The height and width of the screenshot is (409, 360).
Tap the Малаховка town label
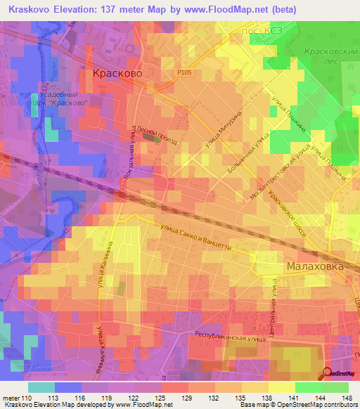pyautogui.click(x=314, y=267)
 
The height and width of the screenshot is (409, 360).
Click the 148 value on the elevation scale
pyautogui.click(x=345, y=398)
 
